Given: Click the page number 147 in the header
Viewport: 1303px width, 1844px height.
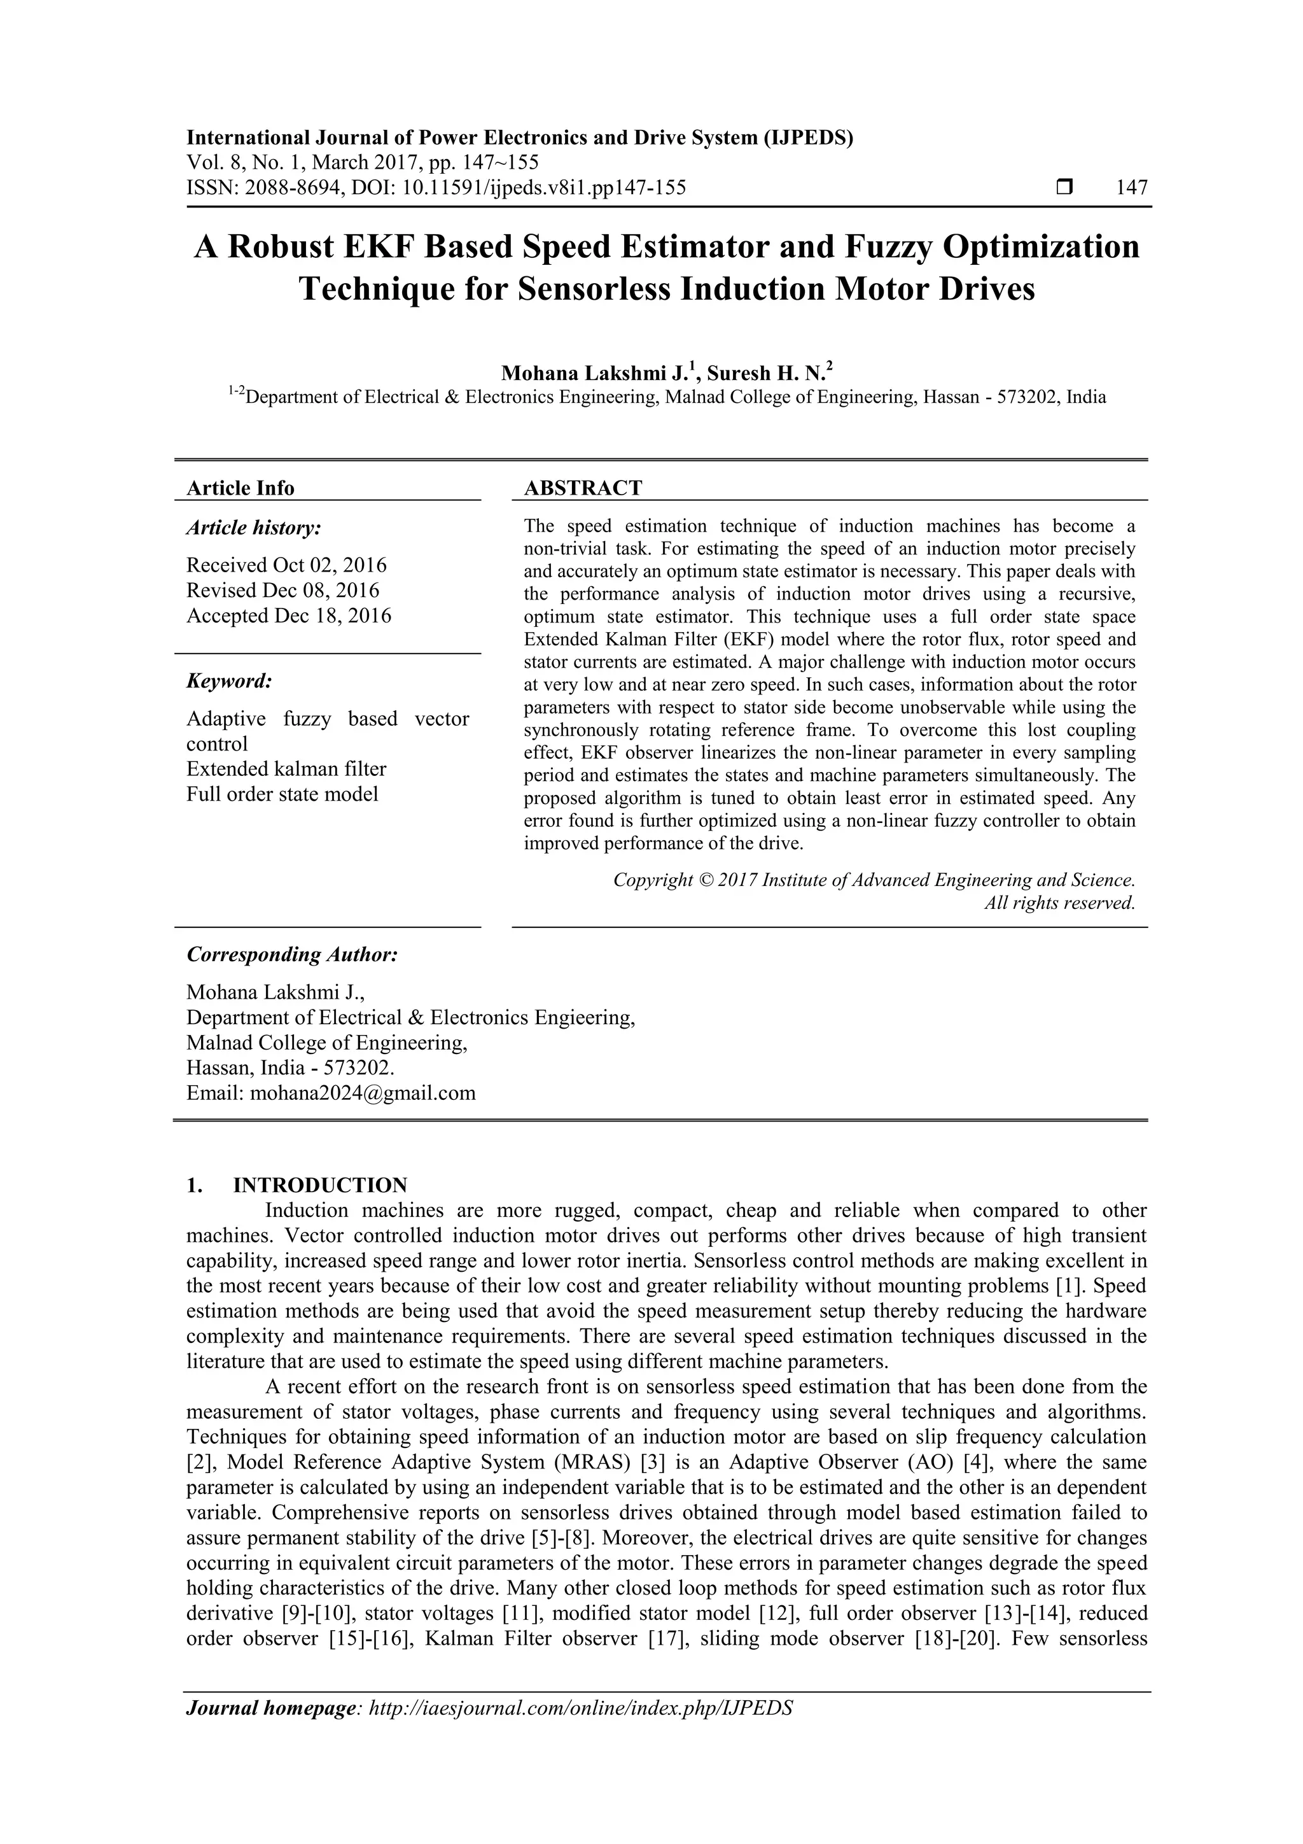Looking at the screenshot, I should [x=1131, y=188].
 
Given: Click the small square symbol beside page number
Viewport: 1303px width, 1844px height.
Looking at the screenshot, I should [x=1064, y=188].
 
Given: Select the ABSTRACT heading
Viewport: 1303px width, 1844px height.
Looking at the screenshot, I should [x=583, y=488].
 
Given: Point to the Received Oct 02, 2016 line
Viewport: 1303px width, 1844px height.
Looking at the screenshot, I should [x=286, y=565].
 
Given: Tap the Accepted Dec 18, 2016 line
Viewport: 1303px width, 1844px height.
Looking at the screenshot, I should [x=289, y=616].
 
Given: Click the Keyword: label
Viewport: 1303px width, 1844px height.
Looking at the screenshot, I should [x=230, y=681].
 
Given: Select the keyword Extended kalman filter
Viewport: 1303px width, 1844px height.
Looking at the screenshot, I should [x=286, y=769].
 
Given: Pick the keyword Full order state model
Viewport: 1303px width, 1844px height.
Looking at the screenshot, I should [x=282, y=794].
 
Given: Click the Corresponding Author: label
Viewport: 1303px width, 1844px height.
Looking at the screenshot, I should [x=292, y=954].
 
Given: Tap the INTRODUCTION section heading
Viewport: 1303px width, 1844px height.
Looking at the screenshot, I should [x=320, y=1185].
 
